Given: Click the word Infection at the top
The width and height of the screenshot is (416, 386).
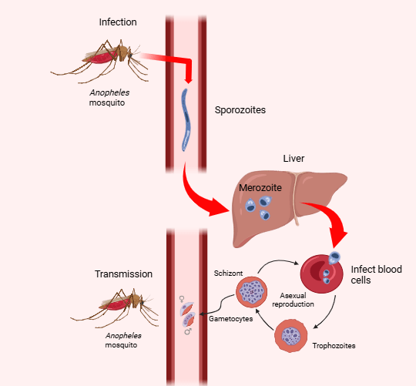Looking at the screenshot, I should (118, 22).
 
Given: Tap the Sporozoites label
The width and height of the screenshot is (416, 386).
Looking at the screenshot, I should (240, 110).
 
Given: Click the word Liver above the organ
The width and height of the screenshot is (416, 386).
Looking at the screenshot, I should (294, 159).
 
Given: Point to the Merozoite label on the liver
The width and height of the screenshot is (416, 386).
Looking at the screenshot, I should (260, 188).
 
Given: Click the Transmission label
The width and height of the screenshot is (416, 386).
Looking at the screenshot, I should (123, 274).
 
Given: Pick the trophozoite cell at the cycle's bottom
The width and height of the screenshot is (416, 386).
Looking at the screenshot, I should (292, 337).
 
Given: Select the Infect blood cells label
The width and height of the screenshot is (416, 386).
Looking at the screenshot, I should (376, 274).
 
